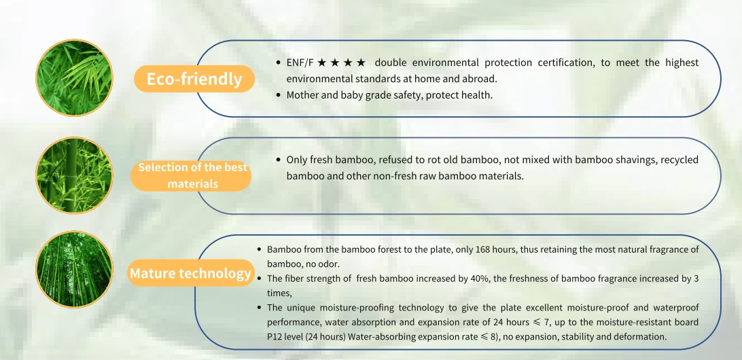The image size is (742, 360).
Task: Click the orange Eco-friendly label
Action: point(194,79)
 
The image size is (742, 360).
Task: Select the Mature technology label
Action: point(190,273)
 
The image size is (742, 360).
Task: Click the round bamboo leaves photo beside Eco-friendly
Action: point(74,78)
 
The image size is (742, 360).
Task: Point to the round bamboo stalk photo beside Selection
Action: point(74,175)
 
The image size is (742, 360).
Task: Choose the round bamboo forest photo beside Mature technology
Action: point(74,269)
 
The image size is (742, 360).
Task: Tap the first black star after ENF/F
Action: point(322,63)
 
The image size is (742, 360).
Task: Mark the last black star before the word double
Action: point(361,63)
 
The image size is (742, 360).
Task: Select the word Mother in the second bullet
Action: point(302,94)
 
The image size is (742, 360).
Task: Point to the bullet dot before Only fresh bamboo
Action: point(279,160)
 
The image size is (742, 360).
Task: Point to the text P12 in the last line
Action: point(275,337)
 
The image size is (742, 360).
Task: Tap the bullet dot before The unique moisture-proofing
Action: point(260,308)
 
